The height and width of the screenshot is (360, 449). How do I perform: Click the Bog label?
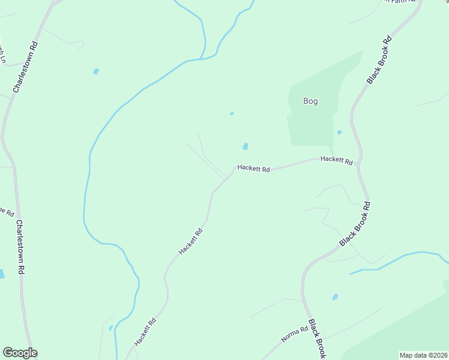point(310,101)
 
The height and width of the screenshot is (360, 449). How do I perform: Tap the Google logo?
point(20,353)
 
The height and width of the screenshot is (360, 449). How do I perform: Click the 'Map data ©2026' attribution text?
point(423,355)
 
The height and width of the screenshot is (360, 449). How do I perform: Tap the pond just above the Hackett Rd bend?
point(245,146)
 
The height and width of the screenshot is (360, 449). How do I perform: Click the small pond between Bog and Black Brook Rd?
point(339,133)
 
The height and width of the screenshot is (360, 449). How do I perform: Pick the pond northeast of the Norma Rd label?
point(334,297)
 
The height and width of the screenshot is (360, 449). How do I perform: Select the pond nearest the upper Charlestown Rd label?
point(96,71)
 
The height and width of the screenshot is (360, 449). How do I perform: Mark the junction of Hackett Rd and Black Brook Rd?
point(358,163)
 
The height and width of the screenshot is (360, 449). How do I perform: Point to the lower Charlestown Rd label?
point(20,247)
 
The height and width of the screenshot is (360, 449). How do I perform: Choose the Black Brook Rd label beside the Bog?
point(379,60)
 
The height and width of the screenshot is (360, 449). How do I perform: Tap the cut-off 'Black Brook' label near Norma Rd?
point(317,339)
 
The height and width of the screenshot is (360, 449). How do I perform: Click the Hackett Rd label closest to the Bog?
point(336,160)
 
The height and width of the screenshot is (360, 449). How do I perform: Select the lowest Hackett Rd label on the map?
point(145,332)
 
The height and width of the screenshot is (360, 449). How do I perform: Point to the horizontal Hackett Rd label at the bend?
point(253,169)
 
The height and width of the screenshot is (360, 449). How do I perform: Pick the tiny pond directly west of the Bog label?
point(232,113)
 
